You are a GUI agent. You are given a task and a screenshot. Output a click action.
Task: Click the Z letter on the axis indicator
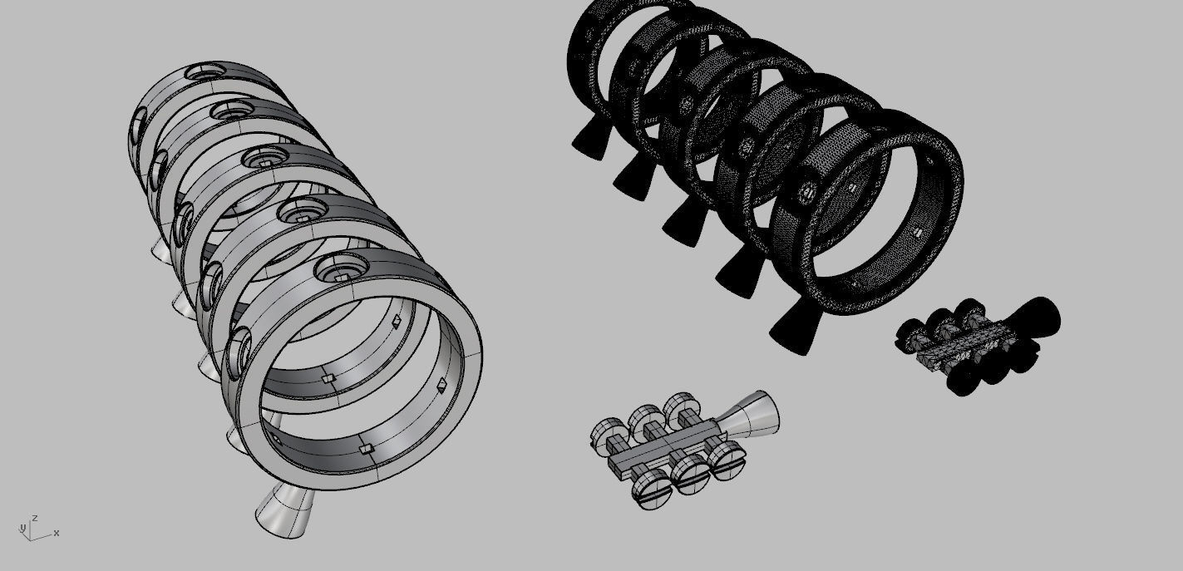click(35, 518)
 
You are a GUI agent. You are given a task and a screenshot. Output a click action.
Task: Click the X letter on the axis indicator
click(57, 533)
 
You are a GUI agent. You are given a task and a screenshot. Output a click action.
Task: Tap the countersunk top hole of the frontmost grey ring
click(342, 269)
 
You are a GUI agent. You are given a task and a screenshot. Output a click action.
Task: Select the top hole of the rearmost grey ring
click(202, 73)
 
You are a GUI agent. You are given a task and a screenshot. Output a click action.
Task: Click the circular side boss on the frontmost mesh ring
click(807, 193)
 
